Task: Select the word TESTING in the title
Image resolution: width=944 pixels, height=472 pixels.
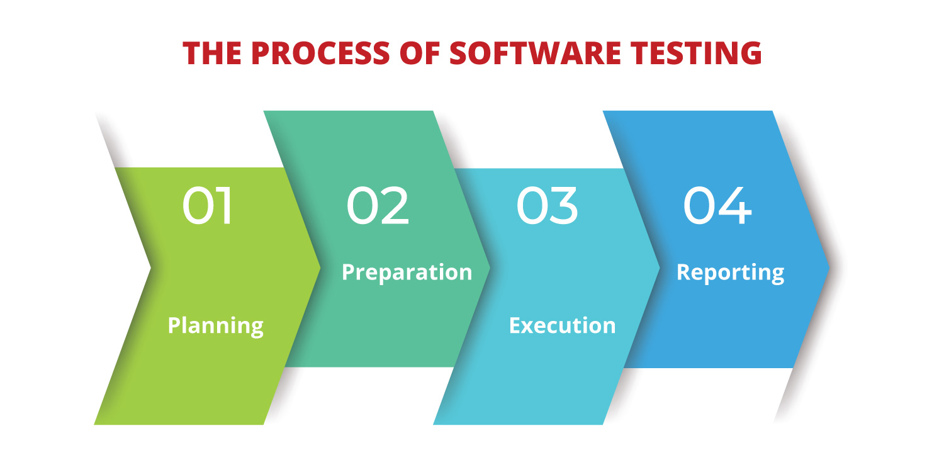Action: pos(699,53)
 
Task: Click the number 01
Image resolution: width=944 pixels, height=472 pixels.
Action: pos(208,206)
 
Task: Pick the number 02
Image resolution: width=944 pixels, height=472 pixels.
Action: pos(378,206)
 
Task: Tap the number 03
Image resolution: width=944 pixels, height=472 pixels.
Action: pos(547,206)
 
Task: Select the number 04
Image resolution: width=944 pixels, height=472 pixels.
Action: pos(717,206)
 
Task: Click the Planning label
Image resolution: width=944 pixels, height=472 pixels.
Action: pos(215,326)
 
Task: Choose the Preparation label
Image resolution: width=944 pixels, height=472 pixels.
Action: pos(407,272)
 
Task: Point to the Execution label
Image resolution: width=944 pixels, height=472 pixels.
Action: pos(562,326)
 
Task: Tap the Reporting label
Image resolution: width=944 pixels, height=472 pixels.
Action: pos(730,272)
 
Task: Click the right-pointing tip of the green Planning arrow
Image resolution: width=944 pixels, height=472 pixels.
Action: pos(320,267)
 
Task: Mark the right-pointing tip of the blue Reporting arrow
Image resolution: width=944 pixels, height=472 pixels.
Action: pos(829,267)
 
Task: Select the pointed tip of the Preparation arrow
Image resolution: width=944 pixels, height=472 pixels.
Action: pos(490,267)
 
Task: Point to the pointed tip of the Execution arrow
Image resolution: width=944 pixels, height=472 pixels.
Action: pos(659,267)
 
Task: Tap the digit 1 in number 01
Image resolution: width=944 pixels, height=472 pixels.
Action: pos(226,206)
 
